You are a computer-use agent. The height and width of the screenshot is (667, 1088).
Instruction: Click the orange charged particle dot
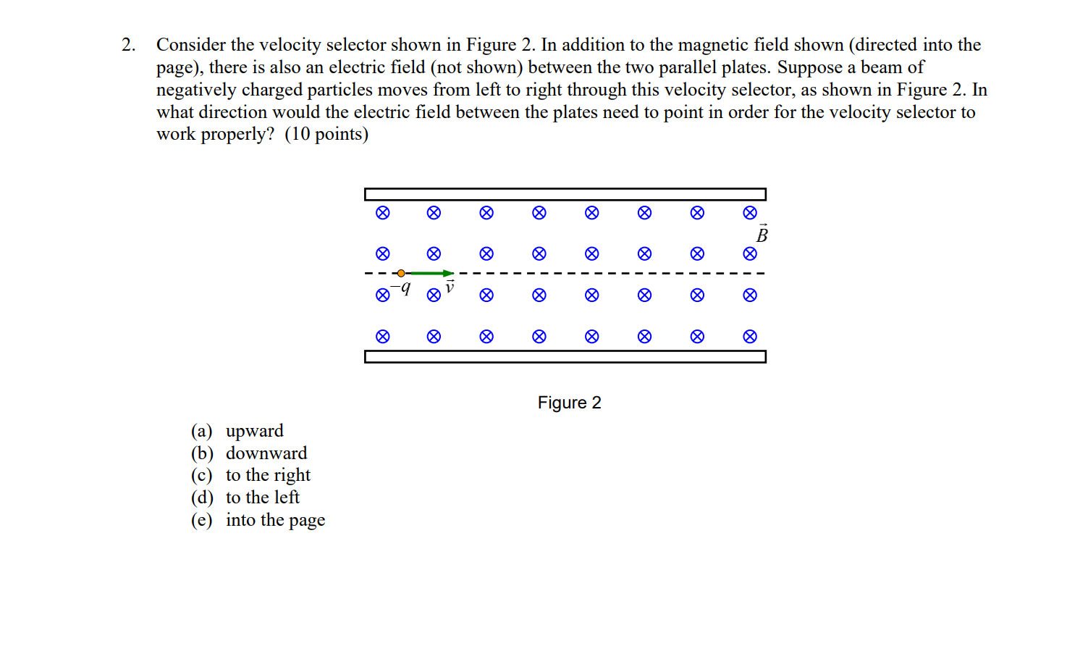401,273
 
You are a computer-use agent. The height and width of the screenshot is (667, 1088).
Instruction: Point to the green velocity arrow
431,273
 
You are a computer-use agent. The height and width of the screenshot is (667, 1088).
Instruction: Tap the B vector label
762,234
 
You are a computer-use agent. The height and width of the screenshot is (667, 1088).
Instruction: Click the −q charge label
401,288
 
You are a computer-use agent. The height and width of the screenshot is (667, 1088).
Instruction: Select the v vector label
450,287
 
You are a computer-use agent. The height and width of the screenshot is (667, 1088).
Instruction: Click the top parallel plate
565,194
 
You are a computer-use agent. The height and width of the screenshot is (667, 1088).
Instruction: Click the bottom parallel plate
565,356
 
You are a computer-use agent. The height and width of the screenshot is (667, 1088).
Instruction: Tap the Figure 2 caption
569,403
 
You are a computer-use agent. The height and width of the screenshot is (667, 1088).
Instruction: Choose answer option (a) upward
237,431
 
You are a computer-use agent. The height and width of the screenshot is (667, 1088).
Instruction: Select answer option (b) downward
249,453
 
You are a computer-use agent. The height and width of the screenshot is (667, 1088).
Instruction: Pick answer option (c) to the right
250,475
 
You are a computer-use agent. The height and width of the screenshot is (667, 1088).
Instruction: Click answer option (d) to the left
245,498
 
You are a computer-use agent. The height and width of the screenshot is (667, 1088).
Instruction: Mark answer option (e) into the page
258,520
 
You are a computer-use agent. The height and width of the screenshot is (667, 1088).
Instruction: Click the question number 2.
128,45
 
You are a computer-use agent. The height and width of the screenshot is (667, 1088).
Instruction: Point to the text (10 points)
326,134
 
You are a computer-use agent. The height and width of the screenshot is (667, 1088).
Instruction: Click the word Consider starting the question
190,45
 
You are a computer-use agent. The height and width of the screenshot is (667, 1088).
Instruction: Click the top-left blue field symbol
383,213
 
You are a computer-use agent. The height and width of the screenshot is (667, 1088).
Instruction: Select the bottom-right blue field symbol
750,336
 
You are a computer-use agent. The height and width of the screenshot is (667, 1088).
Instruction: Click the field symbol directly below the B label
750,253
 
